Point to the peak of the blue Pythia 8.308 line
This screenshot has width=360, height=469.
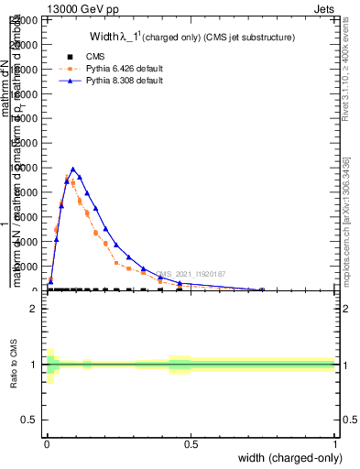click(73, 169)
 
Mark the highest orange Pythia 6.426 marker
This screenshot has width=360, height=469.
click(73, 182)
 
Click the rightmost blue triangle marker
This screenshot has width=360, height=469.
click(262, 289)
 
